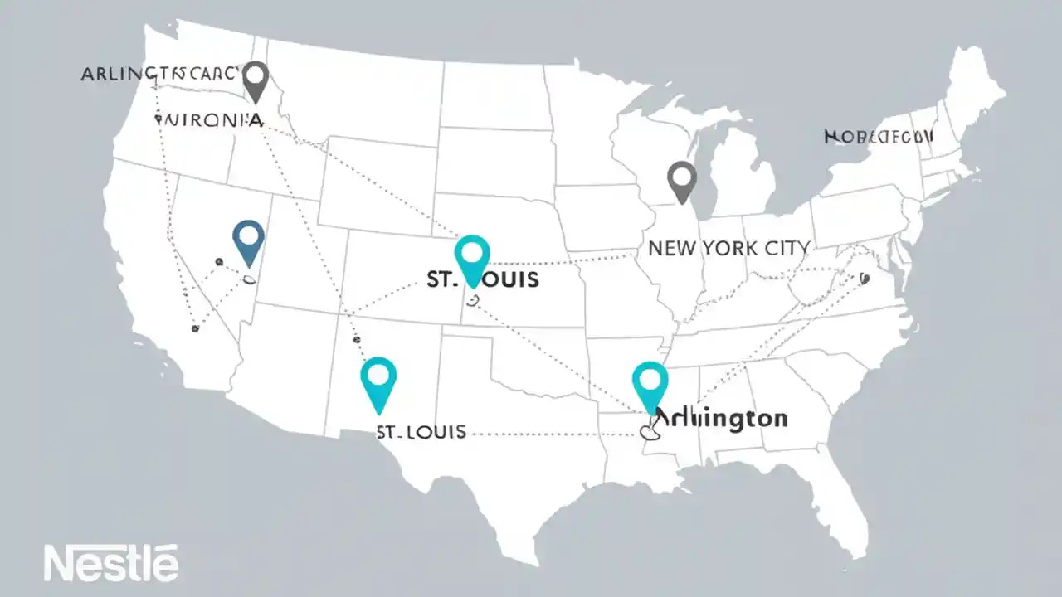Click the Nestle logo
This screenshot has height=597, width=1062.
(110, 563)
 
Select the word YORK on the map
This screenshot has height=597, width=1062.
(728, 248)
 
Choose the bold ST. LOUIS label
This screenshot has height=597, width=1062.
(482, 279)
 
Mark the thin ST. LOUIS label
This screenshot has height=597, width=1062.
(421, 433)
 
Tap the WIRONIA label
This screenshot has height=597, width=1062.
(210, 119)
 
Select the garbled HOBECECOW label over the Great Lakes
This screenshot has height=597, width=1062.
(879, 136)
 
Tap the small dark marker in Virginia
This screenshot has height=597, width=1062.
(864, 279)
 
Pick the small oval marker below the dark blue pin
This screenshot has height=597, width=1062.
(248, 279)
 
